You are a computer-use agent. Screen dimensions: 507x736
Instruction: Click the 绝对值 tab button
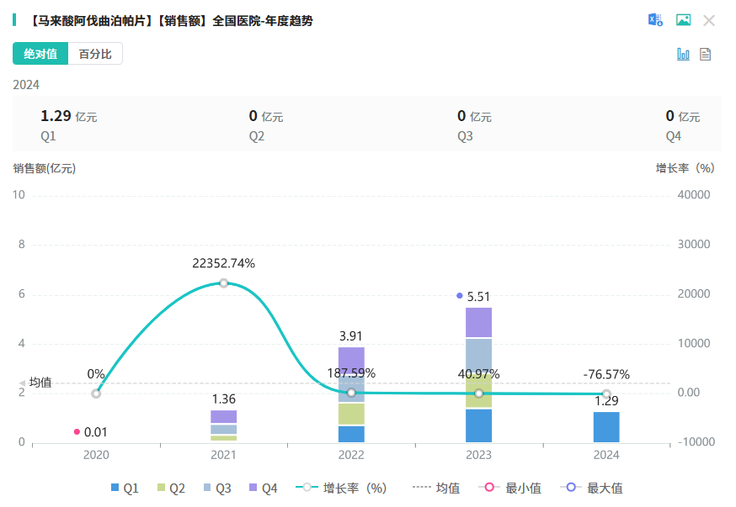click(x=40, y=54)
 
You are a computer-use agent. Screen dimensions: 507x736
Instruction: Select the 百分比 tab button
click(x=95, y=54)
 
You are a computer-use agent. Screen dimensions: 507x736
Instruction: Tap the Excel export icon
click(x=655, y=20)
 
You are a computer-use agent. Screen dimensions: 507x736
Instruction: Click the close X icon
click(x=709, y=20)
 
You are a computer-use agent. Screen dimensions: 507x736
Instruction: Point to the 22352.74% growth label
click(x=223, y=263)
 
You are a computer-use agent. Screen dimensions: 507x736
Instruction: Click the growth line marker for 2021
click(x=223, y=283)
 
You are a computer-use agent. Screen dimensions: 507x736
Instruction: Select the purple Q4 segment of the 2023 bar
click(x=478, y=322)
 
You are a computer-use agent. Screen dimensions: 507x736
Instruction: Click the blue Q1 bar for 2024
click(x=606, y=426)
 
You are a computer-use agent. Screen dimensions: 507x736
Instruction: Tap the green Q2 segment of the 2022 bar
click(x=351, y=414)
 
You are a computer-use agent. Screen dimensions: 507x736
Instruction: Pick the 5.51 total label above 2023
click(x=478, y=296)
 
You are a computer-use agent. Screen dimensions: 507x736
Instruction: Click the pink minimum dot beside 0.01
click(x=77, y=432)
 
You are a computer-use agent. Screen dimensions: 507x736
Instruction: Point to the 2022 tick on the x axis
click(x=351, y=455)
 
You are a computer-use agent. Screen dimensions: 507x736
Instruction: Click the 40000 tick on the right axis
click(x=695, y=195)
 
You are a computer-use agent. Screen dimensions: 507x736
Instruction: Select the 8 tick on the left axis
click(x=22, y=245)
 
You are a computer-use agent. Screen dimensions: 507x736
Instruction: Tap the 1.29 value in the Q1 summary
click(x=56, y=116)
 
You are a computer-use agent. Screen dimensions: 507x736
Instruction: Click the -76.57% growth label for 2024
click(x=606, y=374)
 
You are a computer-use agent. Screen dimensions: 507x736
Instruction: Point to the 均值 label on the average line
click(x=40, y=383)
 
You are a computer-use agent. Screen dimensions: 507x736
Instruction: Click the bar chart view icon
click(x=683, y=54)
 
